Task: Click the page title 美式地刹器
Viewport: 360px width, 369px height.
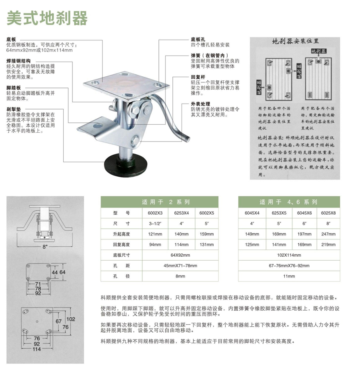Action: pyautogui.click(x=47, y=18)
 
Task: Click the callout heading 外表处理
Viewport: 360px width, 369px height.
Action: pyautogui.click(x=200, y=104)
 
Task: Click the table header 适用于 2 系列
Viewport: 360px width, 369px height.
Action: pyautogui.click(x=166, y=202)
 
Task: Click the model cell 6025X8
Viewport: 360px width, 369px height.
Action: pyautogui.click(x=328, y=213)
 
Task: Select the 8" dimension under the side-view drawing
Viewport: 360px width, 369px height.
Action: pyautogui.click(x=45, y=246)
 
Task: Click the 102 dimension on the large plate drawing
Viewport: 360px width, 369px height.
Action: pyautogui.click(x=70, y=319)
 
